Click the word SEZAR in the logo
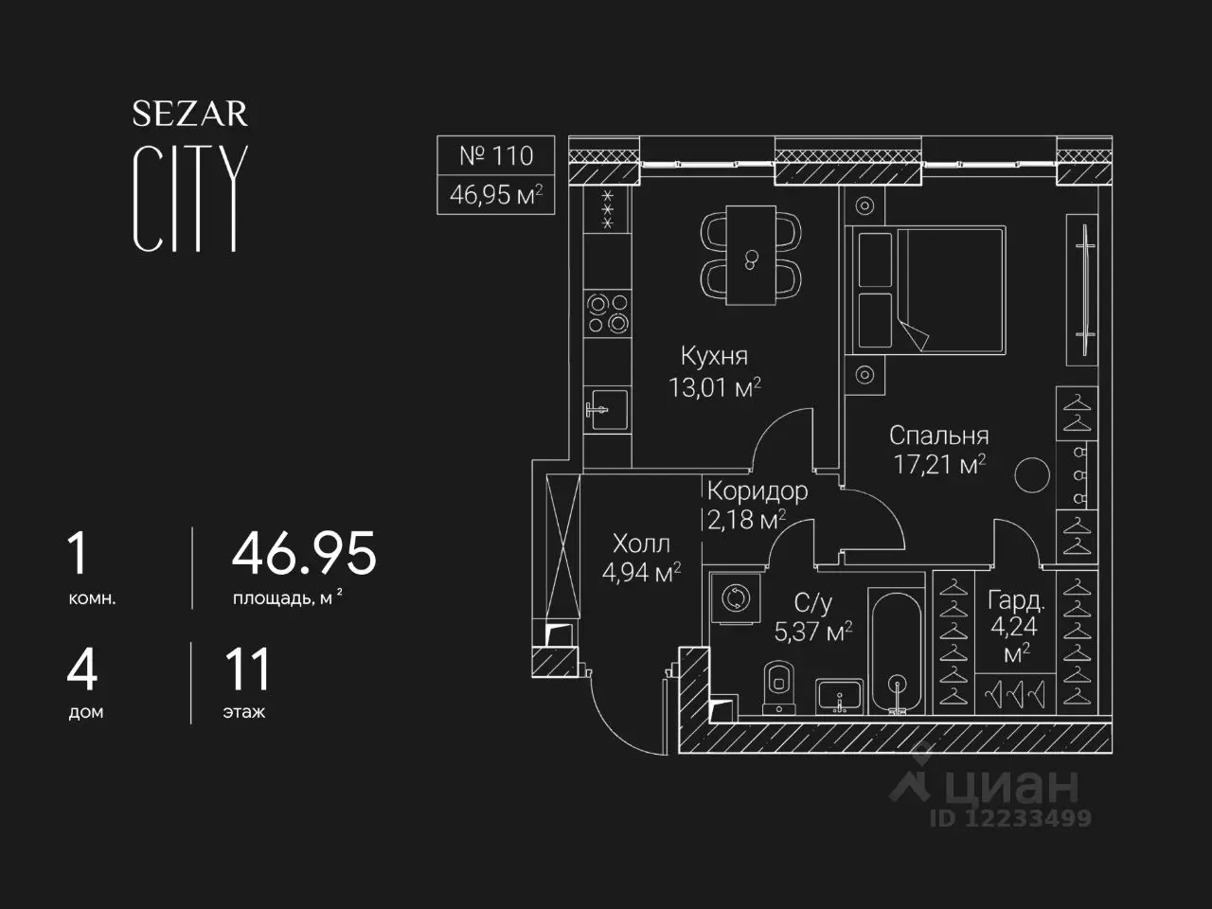(x=190, y=114)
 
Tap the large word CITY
(x=190, y=199)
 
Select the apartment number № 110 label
(x=496, y=155)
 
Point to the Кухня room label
(x=715, y=356)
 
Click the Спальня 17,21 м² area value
(x=939, y=465)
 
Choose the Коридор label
(x=757, y=490)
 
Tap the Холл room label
(x=641, y=544)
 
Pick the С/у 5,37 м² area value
(x=812, y=632)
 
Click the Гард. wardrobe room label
(x=1016, y=600)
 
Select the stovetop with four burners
(x=607, y=312)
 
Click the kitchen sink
(x=607, y=409)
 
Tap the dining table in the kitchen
(x=751, y=255)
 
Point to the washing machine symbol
(x=736, y=598)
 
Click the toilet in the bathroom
(x=779, y=687)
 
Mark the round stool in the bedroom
(x=1032, y=474)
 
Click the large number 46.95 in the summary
(x=304, y=554)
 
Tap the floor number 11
(x=248, y=669)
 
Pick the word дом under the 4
(x=85, y=712)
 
